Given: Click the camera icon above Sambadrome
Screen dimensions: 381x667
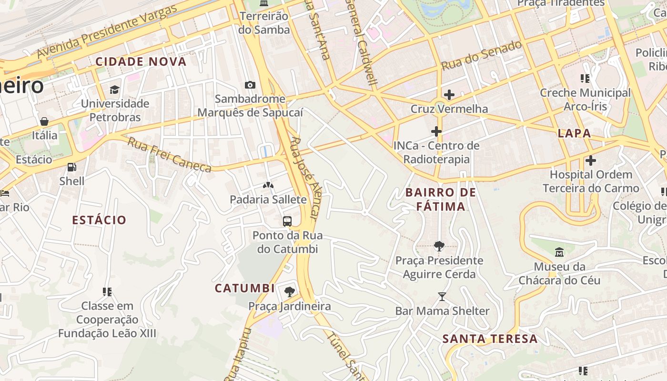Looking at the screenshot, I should click(x=250, y=85).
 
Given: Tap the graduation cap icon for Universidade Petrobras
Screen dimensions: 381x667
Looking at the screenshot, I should click(x=114, y=90).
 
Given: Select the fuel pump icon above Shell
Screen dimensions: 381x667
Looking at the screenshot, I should click(x=71, y=167).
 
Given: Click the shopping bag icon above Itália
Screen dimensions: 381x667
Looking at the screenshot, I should click(x=44, y=121).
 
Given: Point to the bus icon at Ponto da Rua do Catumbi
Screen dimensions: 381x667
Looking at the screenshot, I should click(x=287, y=221).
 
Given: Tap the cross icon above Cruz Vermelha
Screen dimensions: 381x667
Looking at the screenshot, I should click(x=449, y=95).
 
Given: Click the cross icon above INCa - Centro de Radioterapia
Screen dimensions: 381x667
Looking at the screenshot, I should click(x=436, y=131).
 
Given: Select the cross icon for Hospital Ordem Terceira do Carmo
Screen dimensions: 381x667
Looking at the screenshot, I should click(x=591, y=160).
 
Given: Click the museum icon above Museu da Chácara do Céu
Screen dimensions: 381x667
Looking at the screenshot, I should click(x=559, y=252).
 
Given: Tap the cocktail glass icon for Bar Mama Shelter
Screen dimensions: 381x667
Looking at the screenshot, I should click(x=442, y=297).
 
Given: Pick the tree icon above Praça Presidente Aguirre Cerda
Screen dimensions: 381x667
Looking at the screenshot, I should click(x=439, y=246).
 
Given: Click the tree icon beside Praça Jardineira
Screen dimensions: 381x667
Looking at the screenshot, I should click(x=289, y=292).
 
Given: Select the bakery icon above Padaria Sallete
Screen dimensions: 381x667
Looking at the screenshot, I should click(x=268, y=185).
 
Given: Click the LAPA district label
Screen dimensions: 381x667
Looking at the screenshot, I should click(x=574, y=133).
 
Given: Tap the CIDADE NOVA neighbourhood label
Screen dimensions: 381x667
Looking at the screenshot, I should click(x=141, y=61).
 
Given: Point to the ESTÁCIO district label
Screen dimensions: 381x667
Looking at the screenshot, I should click(x=99, y=220).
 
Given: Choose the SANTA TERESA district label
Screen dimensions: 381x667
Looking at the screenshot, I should click(x=490, y=339).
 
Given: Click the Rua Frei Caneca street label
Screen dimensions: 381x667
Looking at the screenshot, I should click(x=169, y=155).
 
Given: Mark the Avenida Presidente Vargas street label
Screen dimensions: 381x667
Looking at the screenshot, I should click(x=107, y=32).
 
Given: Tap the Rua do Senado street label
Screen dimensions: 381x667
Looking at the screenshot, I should click(x=481, y=56).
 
